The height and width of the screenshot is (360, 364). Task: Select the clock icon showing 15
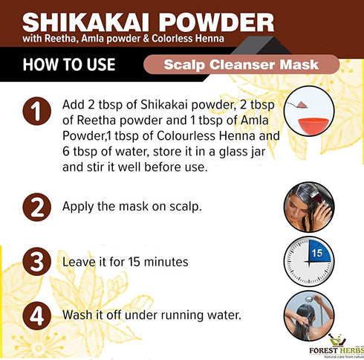click(x=308, y=261)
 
